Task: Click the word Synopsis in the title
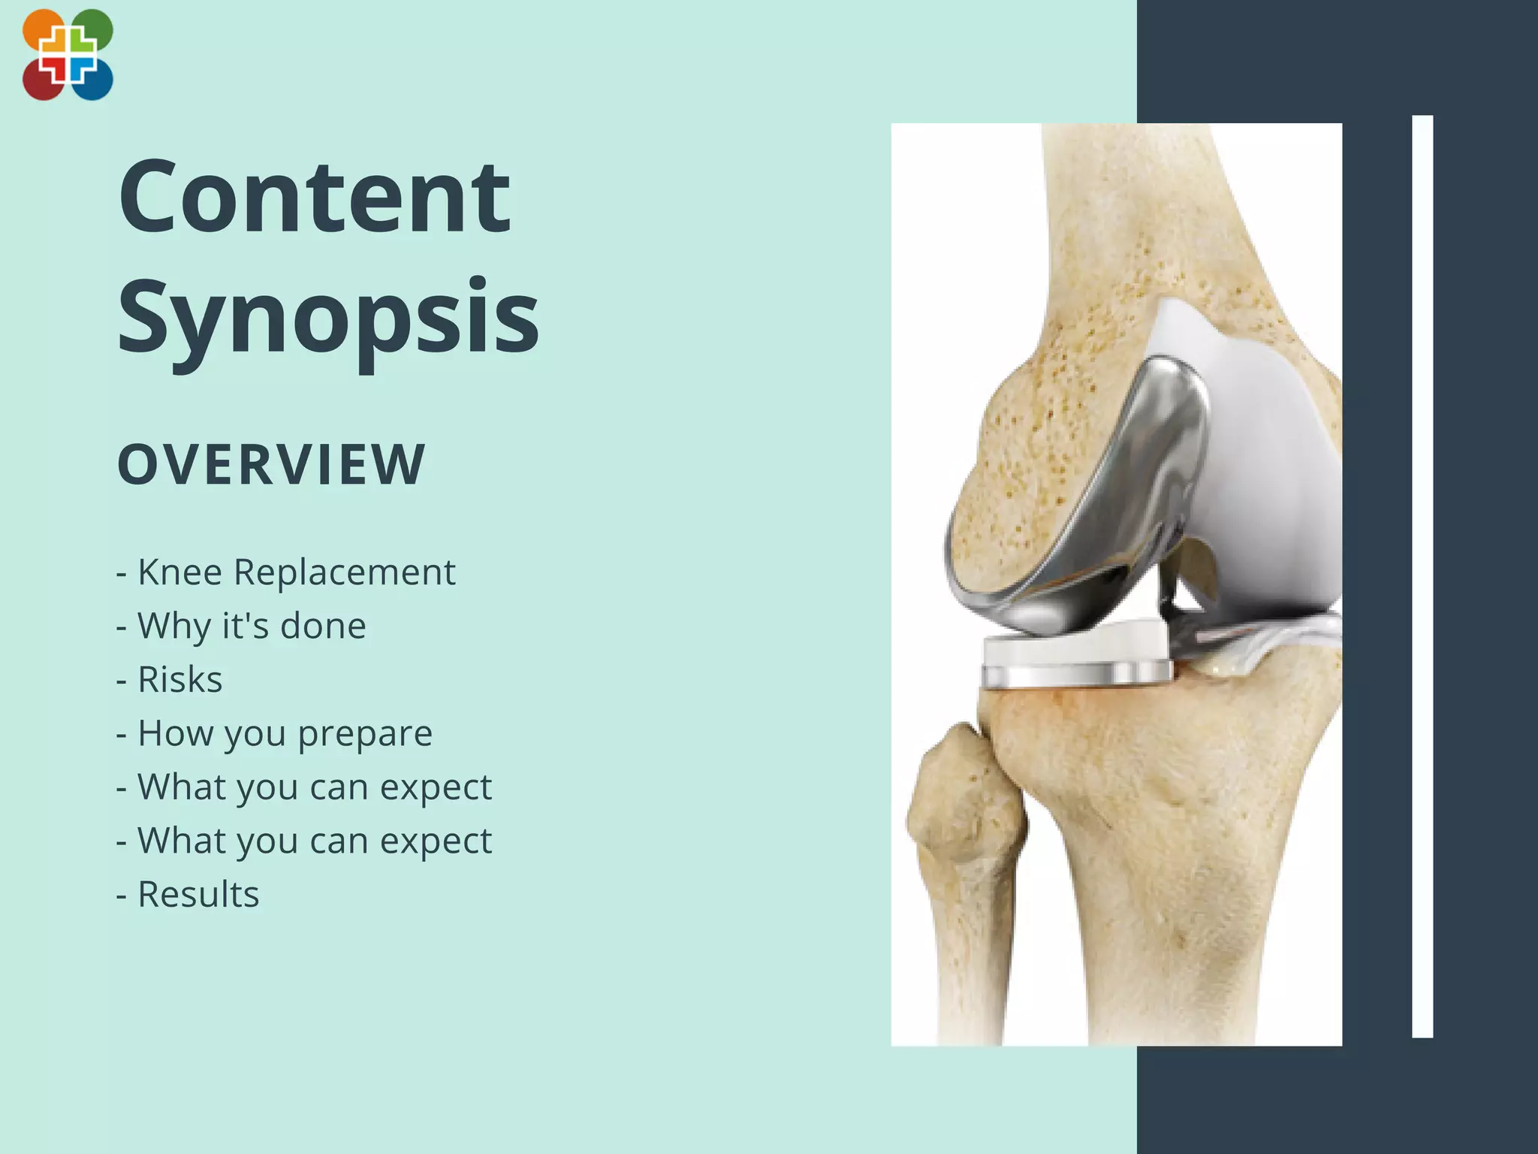pyautogui.click(x=328, y=316)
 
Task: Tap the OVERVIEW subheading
pyautogui.click(x=271, y=464)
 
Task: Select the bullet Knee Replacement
pyautogui.click(x=286, y=572)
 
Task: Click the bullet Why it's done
pyautogui.click(x=241, y=626)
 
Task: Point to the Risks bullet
pyautogui.click(x=170, y=680)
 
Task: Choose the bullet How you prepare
pyautogui.click(x=275, y=733)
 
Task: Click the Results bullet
pyautogui.click(x=188, y=895)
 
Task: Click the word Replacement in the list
pyautogui.click(x=344, y=572)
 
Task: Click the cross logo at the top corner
pyautogui.click(x=68, y=55)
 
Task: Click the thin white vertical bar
pyautogui.click(x=1422, y=576)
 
